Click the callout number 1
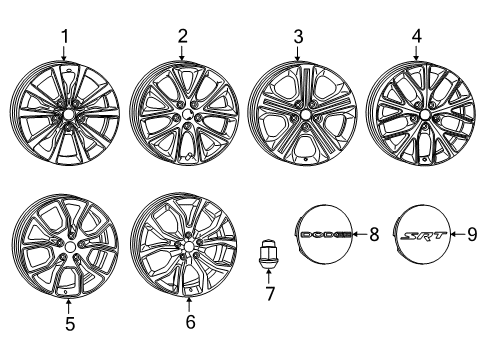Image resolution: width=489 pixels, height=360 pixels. [64, 39]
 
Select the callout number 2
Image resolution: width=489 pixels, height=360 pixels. [183, 38]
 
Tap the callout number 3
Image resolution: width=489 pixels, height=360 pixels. [297, 38]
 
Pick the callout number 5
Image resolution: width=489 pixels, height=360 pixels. [68, 324]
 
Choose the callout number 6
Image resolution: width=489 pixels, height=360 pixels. [191, 325]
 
